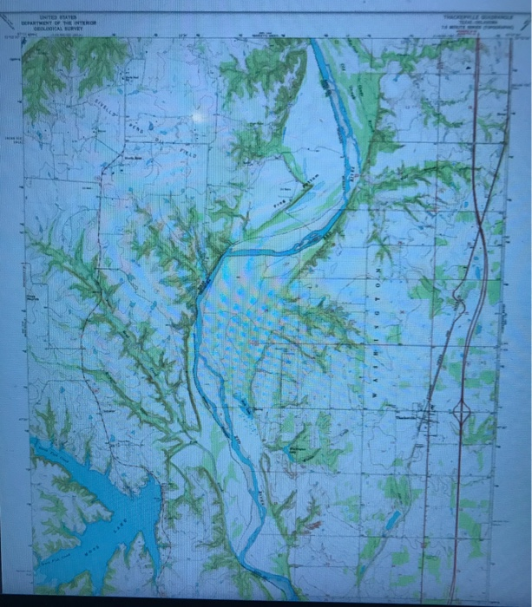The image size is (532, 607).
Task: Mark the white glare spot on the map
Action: pyautogui.click(x=201, y=115)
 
